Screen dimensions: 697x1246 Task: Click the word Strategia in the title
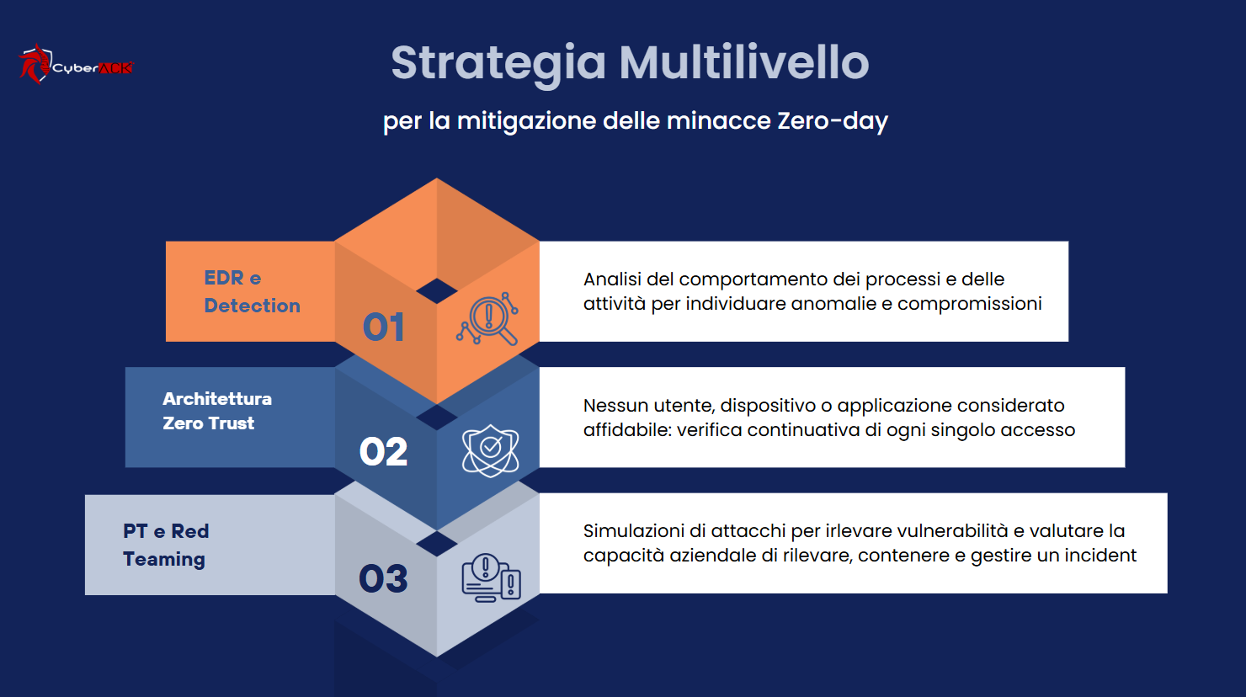[x=498, y=63]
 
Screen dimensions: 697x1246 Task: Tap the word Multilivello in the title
[x=744, y=63]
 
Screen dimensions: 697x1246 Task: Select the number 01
[x=384, y=327]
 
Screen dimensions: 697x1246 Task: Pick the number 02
[x=383, y=452]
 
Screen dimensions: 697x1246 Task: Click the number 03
[x=383, y=578]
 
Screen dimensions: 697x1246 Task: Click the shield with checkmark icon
[x=490, y=450]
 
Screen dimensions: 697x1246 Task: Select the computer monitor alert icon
[x=491, y=577]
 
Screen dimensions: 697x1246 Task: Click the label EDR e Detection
[x=251, y=291]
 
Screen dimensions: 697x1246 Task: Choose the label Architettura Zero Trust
[x=216, y=411]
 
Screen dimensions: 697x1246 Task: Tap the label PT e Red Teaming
[x=165, y=545]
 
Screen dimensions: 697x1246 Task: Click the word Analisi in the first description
[x=612, y=279]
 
